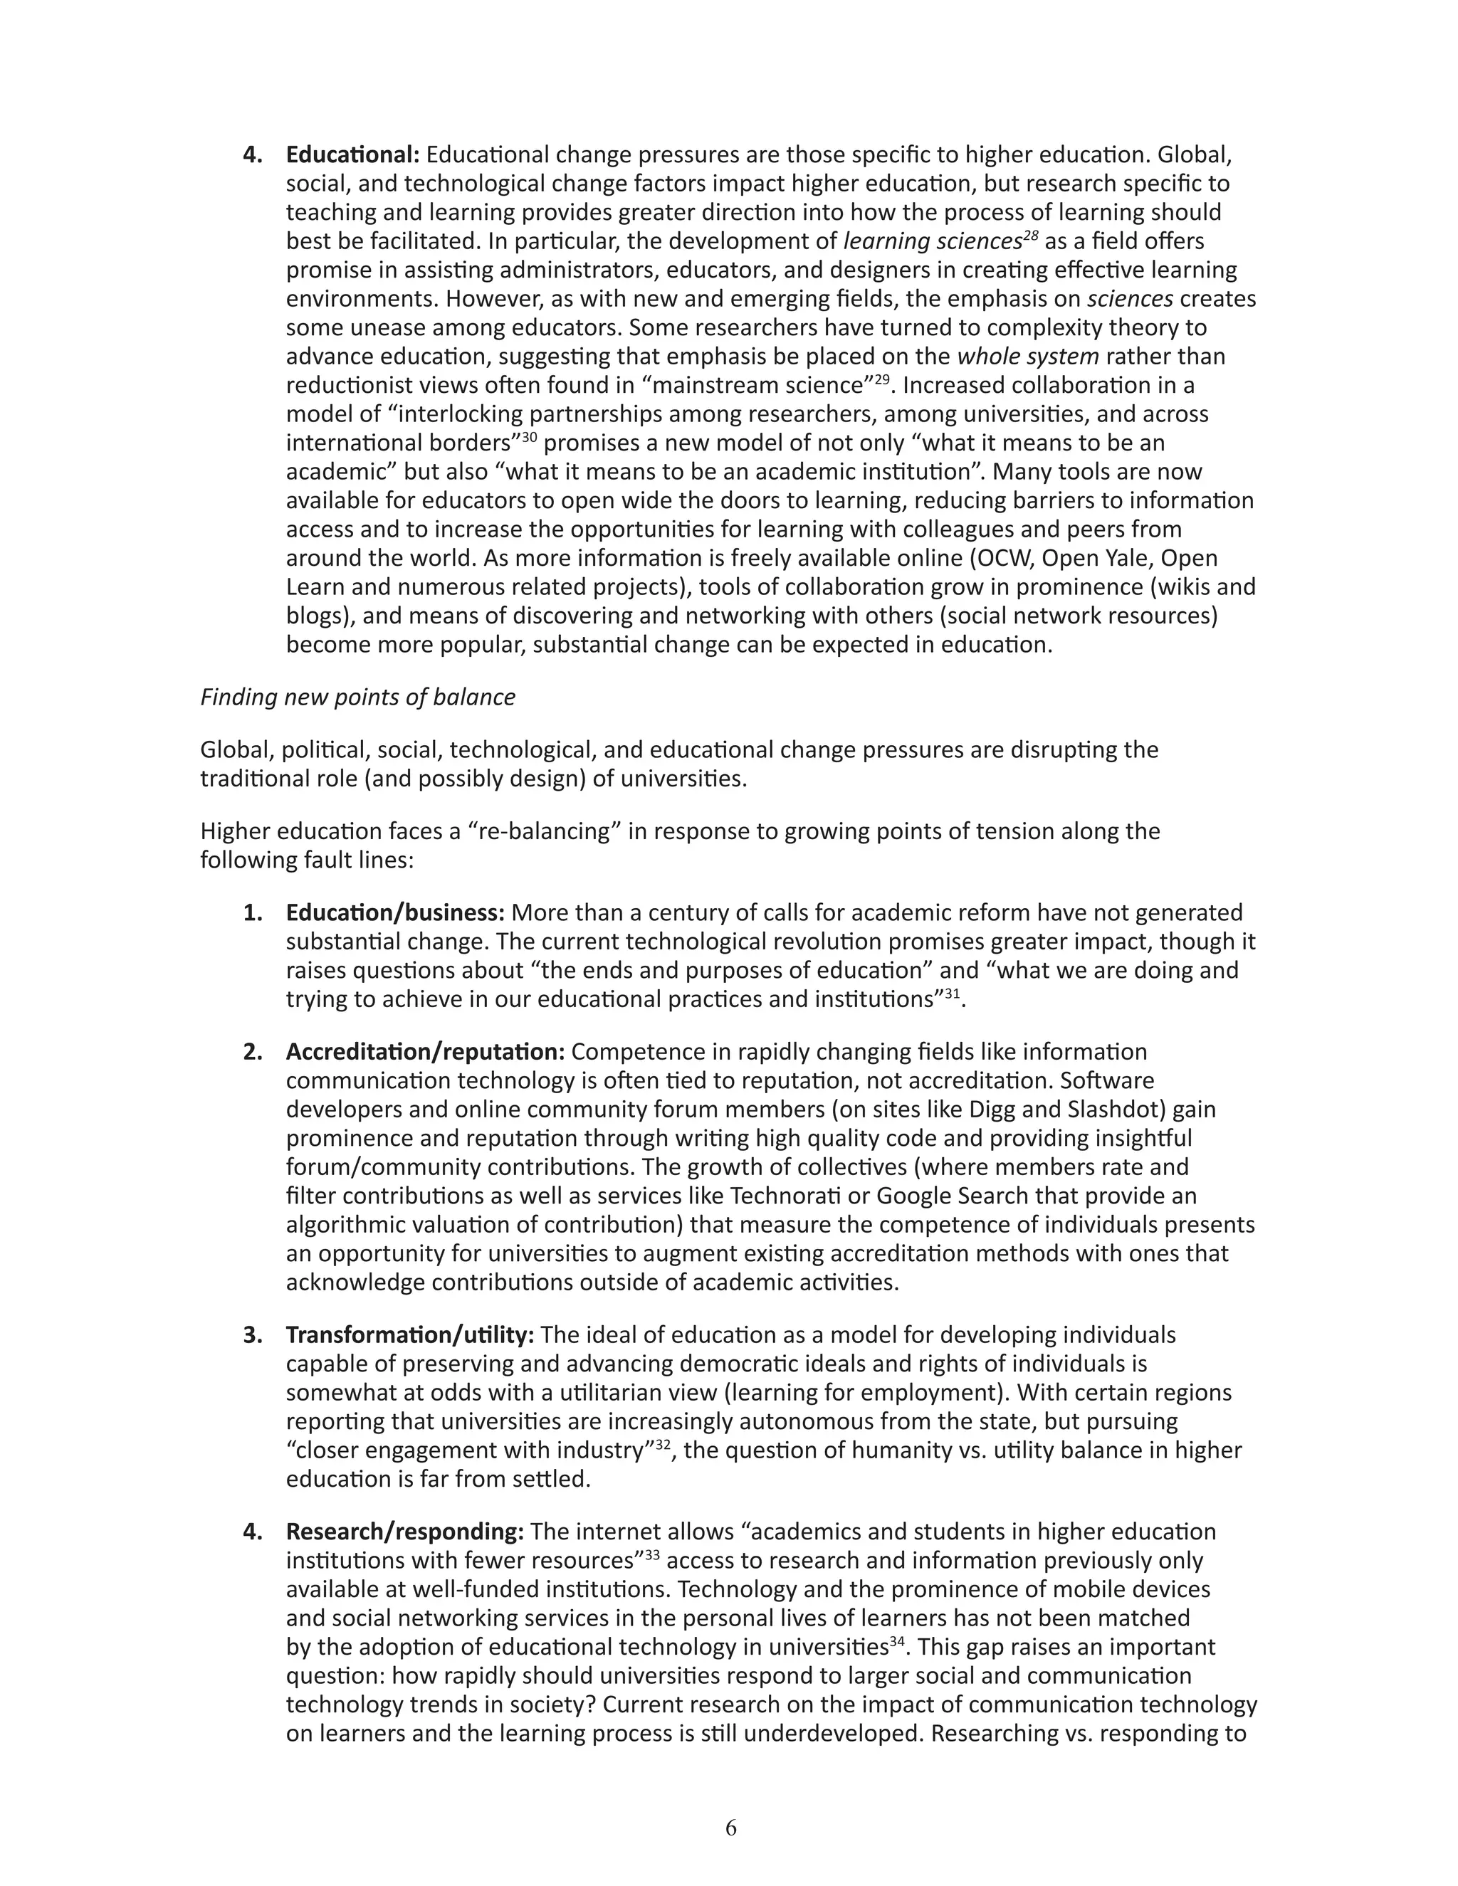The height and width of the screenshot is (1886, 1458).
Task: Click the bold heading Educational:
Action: (x=352, y=154)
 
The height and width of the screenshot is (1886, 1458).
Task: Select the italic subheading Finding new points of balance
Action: (x=357, y=697)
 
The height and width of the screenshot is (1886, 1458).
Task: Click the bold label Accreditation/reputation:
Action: (x=425, y=1052)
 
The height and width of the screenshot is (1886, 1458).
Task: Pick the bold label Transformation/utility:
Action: (x=410, y=1335)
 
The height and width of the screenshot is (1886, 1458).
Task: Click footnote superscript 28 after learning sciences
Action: (x=1030, y=235)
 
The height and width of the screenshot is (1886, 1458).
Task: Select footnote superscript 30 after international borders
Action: (x=529, y=437)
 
